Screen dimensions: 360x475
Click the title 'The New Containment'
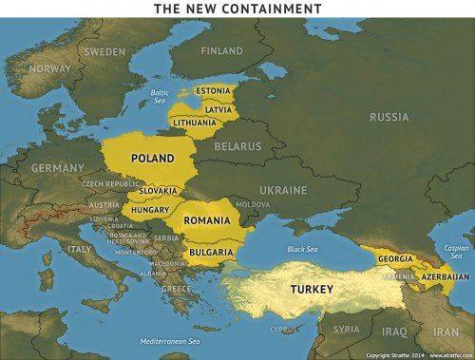coord(238,9)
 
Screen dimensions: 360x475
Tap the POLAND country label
coord(153,158)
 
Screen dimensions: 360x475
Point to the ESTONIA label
coord(213,91)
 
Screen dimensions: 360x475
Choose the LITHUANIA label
coord(195,123)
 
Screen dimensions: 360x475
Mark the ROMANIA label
coord(208,220)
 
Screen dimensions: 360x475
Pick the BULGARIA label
coord(211,252)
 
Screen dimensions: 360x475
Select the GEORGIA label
coord(395,258)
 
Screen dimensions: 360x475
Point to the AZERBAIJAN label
coord(445,275)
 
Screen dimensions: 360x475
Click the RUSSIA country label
coord(389,117)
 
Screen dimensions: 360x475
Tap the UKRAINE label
coord(284,190)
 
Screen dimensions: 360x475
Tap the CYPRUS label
coord(282,331)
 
